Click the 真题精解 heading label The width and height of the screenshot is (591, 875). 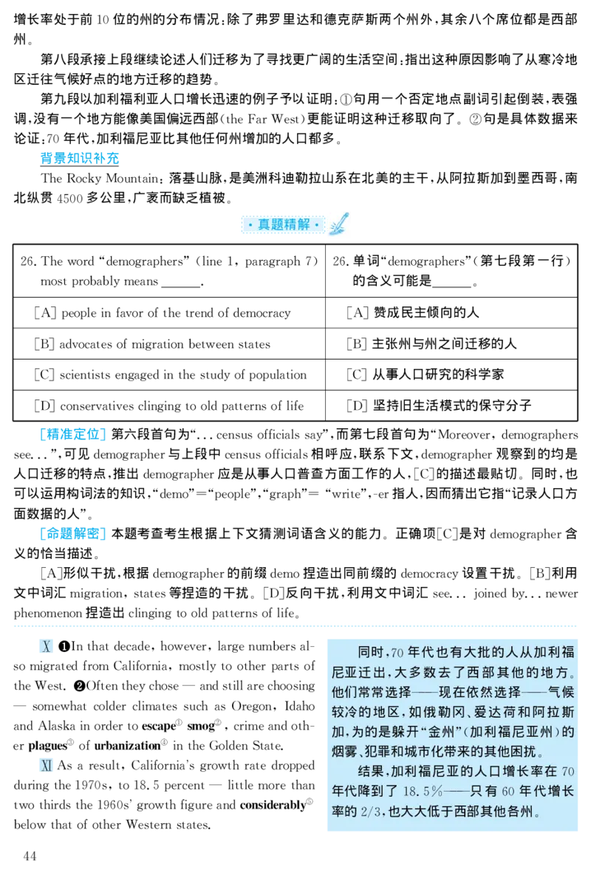pos(283,224)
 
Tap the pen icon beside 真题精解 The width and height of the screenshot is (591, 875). pos(340,224)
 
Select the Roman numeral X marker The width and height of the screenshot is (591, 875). pos(47,648)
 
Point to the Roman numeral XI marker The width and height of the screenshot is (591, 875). pos(45,766)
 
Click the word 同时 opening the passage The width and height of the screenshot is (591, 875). pos(371,653)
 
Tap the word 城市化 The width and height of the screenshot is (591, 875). pos(436,752)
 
